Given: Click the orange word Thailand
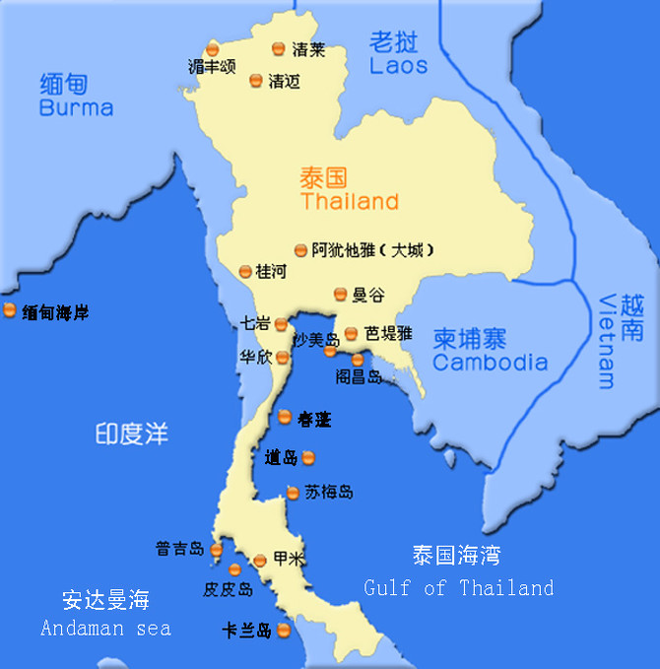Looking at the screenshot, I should (350, 202).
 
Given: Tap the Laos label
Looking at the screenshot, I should (398, 66).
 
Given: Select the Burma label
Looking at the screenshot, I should (76, 107).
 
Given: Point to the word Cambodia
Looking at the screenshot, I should (490, 362).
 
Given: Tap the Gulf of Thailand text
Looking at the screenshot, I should (458, 588).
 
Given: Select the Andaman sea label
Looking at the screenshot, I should (105, 628).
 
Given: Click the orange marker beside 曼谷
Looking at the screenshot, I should (341, 294).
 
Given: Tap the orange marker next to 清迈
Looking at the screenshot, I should (256, 81).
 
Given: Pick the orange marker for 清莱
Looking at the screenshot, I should (278, 48).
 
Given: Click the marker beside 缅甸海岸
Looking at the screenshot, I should (10, 311).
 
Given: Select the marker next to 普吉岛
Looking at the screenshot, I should (217, 549).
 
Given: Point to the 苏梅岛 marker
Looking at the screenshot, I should (293, 493).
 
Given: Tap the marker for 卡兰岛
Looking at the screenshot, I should (284, 631).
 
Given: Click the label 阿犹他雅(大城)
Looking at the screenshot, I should (372, 250).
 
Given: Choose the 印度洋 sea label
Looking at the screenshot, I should (132, 434).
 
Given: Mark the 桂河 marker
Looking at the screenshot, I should (245, 271).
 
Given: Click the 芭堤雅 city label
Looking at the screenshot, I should (388, 333).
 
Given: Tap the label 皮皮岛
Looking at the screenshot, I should (229, 589).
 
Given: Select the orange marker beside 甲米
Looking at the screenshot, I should (259, 560).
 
